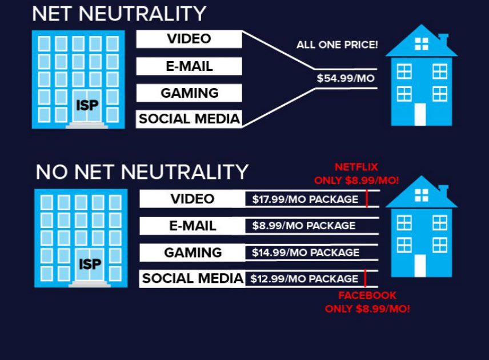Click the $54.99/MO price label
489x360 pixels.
tap(346, 78)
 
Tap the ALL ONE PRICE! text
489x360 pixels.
tap(337, 45)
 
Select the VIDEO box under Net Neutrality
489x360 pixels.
tap(189, 39)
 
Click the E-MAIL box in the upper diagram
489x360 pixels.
tap(189, 66)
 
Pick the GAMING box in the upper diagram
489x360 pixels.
tap(189, 93)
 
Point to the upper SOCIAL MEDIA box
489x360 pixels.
tap(189, 119)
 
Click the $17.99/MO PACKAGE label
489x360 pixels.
tap(305, 199)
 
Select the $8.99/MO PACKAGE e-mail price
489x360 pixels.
tap(304, 226)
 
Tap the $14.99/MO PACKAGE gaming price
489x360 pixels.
tap(306, 253)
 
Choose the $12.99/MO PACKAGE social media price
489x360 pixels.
tap(304, 279)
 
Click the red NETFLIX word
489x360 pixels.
tap(356, 167)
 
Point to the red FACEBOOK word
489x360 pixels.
tap(367, 295)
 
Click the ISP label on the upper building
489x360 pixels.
tap(87, 106)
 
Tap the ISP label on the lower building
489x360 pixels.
tap(90, 265)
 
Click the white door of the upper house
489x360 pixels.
tap(420, 114)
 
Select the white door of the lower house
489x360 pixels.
tap(420, 266)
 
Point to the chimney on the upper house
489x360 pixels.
tap(443, 39)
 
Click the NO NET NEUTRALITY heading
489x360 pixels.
tap(142, 172)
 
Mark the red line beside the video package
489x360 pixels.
tap(367, 198)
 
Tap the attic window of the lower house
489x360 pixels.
tap(422, 195)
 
